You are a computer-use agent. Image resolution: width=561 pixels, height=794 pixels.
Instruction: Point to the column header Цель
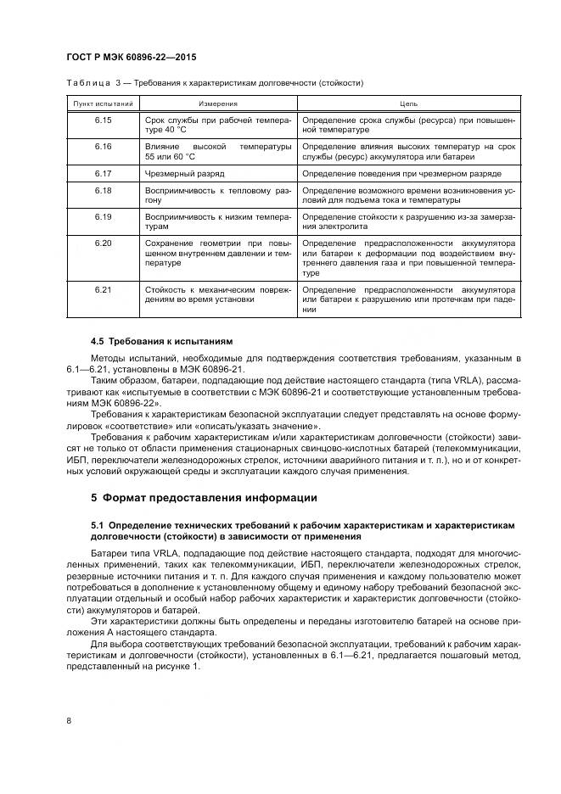click(x=408, y=103)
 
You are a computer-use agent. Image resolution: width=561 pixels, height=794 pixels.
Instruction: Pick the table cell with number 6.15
click(x=104, y=120)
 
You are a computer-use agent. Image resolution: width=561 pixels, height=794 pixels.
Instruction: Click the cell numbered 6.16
click(x=104, y=147)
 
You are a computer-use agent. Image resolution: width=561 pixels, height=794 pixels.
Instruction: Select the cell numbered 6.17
click(x=104, y=173)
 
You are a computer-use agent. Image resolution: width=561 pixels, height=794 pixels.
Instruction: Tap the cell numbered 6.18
click(x=104, y=190)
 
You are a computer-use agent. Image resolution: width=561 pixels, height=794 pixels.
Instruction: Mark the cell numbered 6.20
click(x=104, y=243)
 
